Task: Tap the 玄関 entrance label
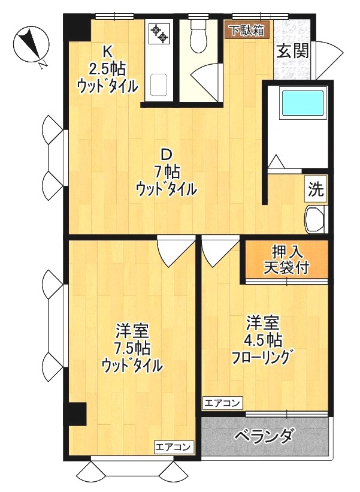(x=292, y=51)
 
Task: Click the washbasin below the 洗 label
(x=314, y=219)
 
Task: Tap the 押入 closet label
(x=285, y=250)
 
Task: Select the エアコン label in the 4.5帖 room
(x=222, y=402)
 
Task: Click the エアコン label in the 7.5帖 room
(x=174, y=446)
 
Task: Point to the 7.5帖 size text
(x=133, y=348)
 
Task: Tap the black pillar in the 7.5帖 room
(x=77, y=413)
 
